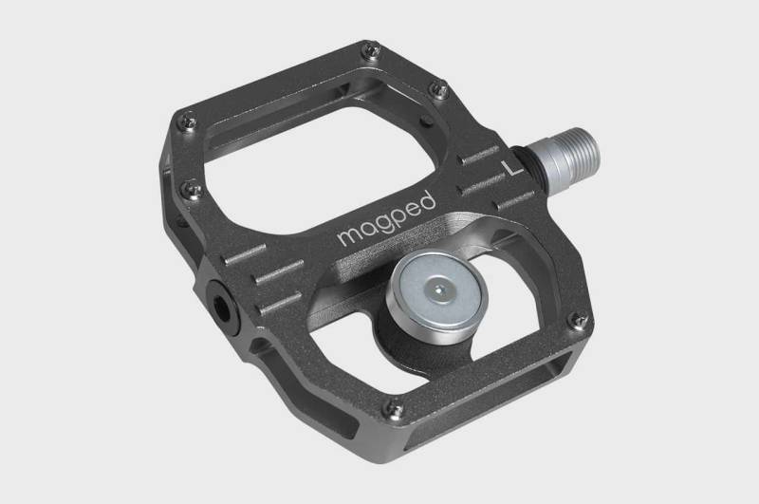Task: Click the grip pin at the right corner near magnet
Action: [575, 321]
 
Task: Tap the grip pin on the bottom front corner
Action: [397, 411]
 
